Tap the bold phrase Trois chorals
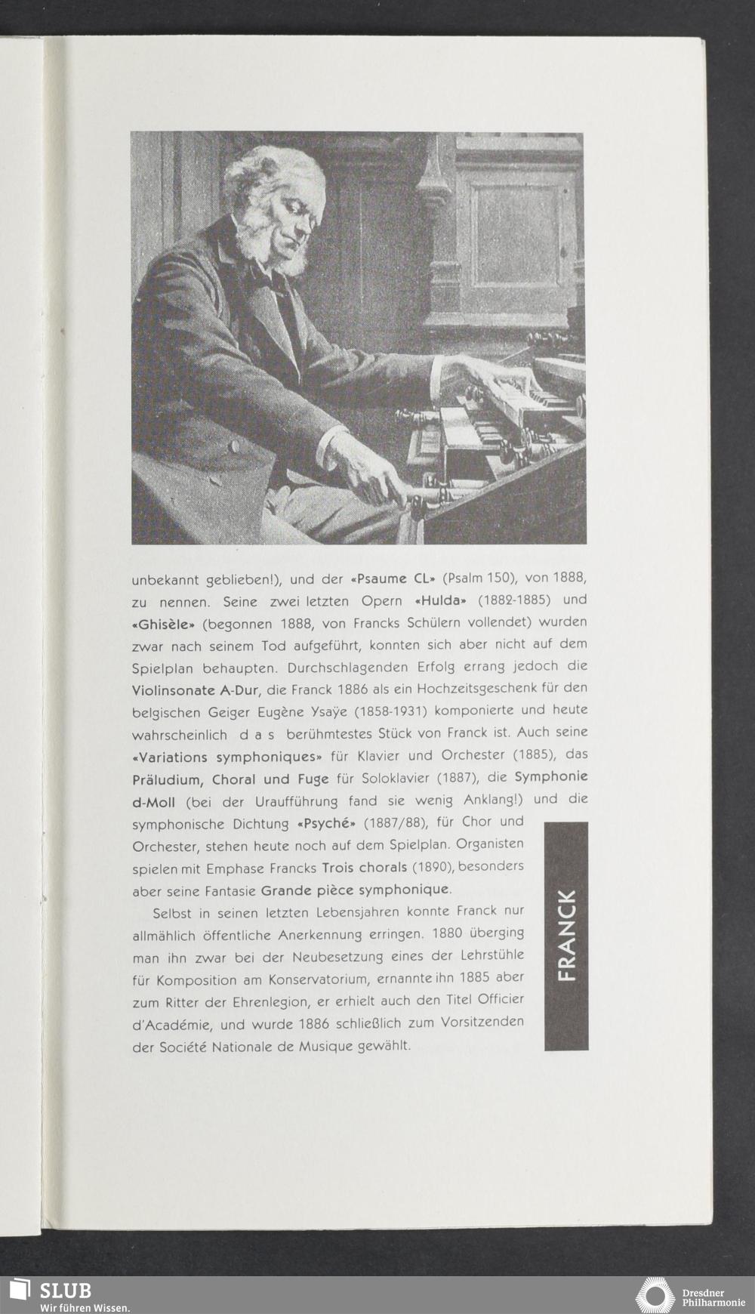pos(364,866)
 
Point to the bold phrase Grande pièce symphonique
pos(356,890)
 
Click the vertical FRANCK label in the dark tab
pos(565,936)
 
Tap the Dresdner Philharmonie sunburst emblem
pos(654,1295)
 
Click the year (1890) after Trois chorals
pos(431,866)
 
